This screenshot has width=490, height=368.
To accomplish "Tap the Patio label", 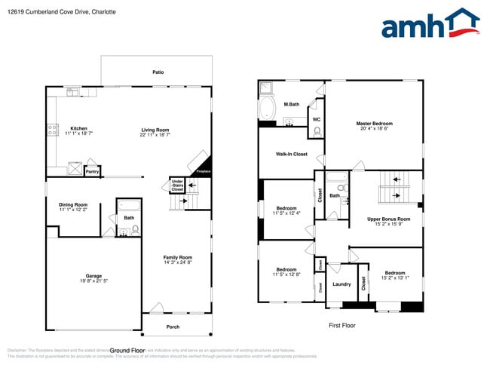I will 158,72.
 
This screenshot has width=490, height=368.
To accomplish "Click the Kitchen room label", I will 79,128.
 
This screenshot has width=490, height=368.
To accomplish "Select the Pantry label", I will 92,172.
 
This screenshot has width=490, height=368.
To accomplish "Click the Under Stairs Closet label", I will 177,185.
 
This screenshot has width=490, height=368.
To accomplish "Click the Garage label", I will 93,276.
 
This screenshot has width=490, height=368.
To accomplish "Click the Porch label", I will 173,327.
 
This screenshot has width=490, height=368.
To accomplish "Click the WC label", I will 317,119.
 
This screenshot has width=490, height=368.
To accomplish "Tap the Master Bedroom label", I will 374,124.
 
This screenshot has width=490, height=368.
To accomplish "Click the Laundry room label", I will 341,284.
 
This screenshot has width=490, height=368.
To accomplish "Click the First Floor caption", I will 341,326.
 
